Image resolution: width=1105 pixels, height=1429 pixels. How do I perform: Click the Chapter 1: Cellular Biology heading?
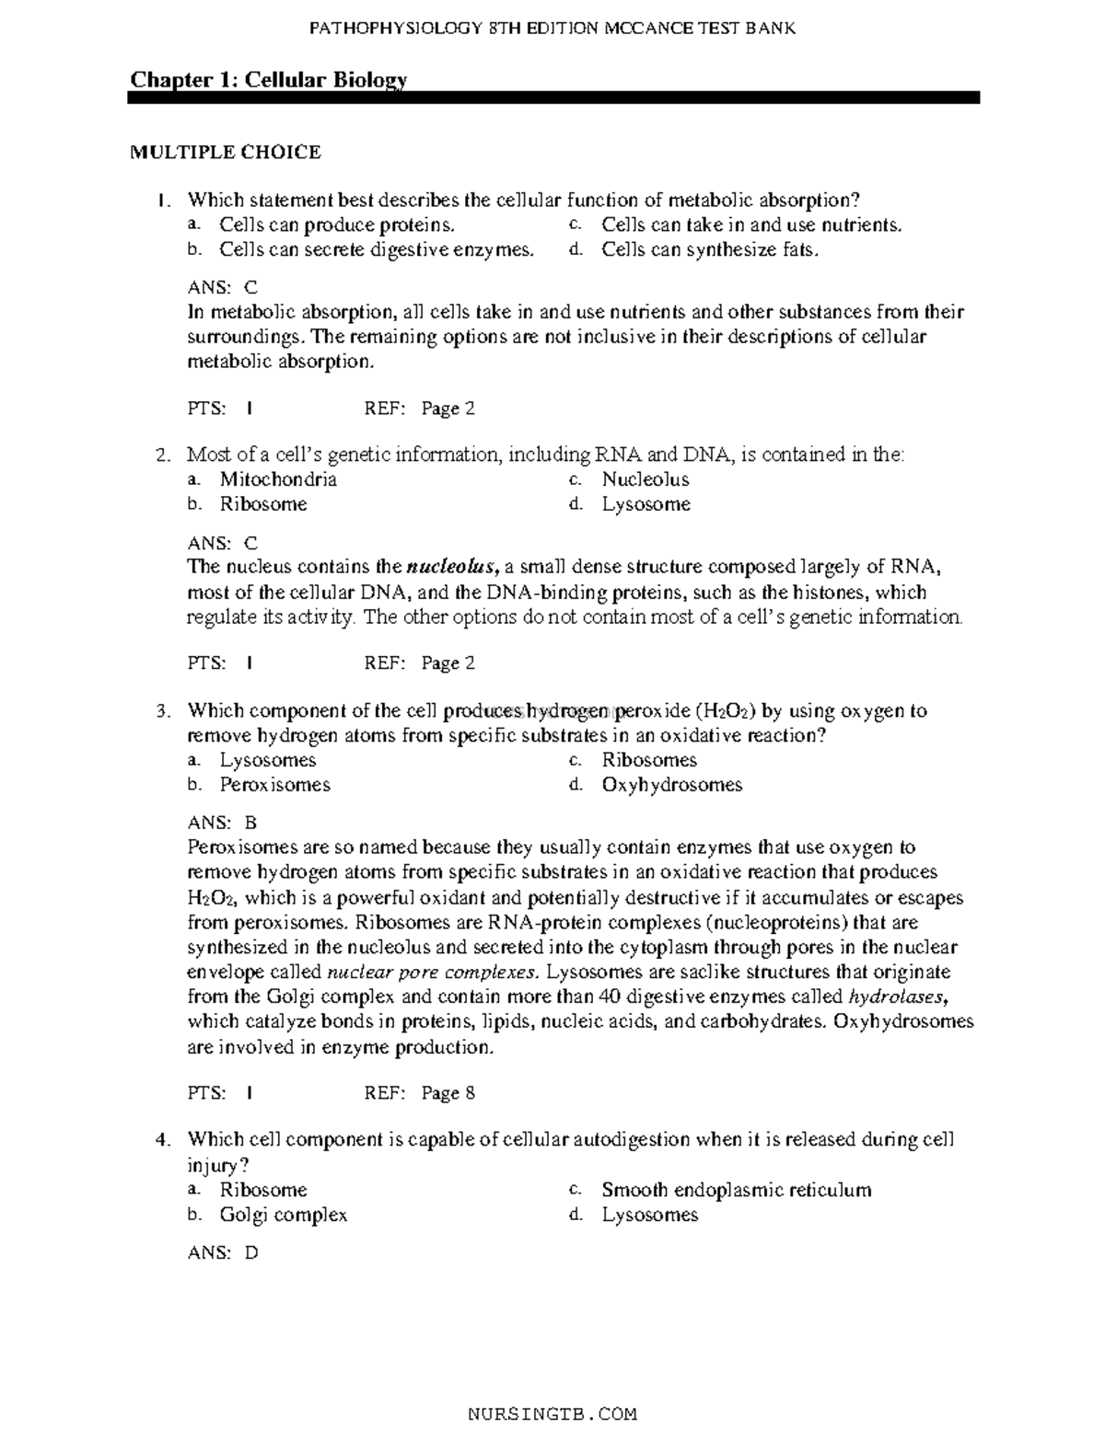268,80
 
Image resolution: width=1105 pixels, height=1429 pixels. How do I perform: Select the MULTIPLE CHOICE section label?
225,153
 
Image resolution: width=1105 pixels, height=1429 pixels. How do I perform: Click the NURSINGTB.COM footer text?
552,1413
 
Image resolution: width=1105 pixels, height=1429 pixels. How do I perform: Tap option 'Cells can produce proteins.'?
336,225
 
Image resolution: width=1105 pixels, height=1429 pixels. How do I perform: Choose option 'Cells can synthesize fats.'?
709,250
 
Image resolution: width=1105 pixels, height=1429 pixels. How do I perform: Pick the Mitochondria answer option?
278,479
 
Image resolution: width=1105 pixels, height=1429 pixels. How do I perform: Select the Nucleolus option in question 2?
646,479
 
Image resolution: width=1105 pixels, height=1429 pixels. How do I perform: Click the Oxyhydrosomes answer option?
671,785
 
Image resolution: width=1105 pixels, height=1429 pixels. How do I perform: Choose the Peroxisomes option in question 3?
274,785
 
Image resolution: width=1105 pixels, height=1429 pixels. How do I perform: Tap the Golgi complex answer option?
284,1215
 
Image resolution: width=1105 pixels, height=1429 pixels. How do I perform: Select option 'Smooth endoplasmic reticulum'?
736,1190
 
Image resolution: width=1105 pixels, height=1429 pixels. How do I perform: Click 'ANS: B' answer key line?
222,823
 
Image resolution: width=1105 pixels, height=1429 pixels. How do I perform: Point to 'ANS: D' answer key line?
223,1252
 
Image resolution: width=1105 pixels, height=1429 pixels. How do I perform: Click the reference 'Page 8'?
448,1093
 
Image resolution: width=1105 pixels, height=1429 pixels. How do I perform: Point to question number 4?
163,1141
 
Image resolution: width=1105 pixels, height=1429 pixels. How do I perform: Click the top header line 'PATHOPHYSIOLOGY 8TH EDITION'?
552,29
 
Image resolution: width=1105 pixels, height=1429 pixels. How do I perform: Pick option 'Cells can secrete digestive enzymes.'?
376,250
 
